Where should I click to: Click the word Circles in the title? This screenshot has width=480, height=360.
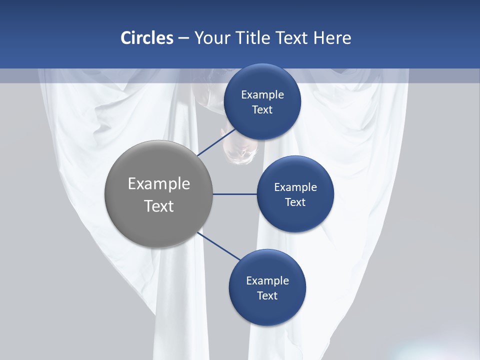(x=146, y=38)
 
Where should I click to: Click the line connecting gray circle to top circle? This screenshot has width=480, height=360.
(x=216, y=142)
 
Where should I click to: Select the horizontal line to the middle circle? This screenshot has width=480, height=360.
(x=235, y=194)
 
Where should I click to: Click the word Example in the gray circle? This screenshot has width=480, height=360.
(x=158, y=184)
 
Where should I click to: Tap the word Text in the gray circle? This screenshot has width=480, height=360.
(x=158, y=206)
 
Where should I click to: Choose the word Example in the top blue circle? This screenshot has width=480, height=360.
(x=262, y=95)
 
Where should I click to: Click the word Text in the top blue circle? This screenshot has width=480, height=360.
(x=262, y=110)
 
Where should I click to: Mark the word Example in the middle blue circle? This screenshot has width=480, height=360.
(x=295, y=187)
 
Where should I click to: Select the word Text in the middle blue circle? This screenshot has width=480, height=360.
(x=295, y=202)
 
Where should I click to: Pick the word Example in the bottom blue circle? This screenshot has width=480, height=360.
(x=267, y=281)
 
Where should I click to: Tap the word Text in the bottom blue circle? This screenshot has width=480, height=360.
(x=267, y=296)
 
